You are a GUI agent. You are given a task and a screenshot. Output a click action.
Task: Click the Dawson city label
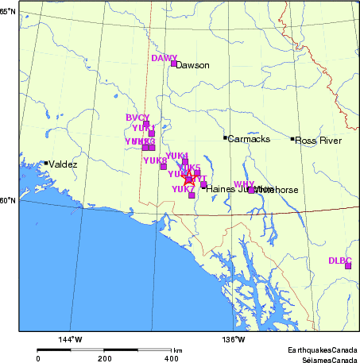click(192, 65)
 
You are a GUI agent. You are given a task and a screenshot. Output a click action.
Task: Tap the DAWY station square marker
click(173, 64)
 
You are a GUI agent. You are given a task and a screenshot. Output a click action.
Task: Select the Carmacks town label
click(249, 140)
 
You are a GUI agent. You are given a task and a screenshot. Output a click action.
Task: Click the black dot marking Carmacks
click(225, 137)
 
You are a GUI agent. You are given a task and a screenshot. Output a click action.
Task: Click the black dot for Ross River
click(292, 139)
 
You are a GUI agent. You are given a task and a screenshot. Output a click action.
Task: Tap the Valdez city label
click(63, 164)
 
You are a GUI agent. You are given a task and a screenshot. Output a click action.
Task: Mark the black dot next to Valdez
click(46, 163)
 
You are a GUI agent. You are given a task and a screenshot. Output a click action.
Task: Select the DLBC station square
click(347, 265)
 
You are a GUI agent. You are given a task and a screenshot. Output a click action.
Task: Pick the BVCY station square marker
click(145, 124)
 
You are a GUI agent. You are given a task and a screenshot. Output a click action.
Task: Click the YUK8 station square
click(164, 167)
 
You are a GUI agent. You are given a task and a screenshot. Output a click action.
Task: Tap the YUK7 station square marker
click(192, 195)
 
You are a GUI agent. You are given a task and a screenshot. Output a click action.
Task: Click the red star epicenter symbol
click(188, 180)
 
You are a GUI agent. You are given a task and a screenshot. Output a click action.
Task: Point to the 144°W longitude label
click(71, 340)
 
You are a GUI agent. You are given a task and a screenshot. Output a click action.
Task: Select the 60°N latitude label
click(7, 200)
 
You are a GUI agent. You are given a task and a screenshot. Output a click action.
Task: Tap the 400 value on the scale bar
click(171, 358)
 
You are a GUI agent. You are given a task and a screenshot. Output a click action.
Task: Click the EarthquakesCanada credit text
click(323, 349)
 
